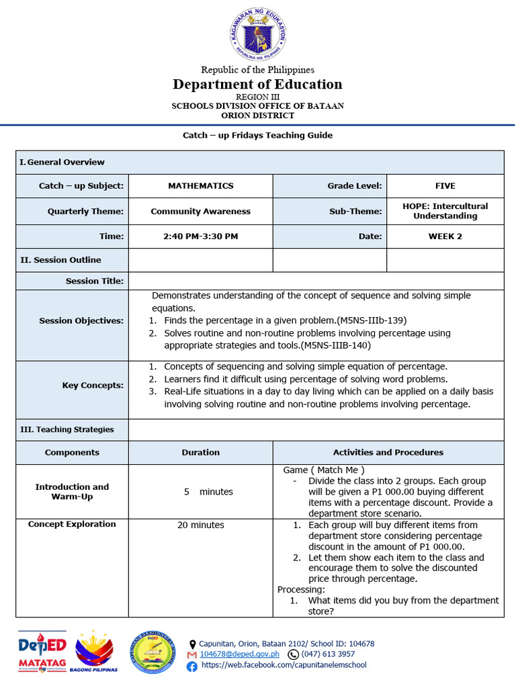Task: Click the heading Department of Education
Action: click(x=257, y=84)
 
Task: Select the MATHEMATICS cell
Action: click(x=200, y=186)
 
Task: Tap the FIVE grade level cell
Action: click(x=445, y=186)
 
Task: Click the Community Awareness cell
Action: click(x=200, y=212)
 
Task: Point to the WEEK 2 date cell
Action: click(x=445, y=236)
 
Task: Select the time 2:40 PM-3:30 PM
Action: click(x=200, y=236)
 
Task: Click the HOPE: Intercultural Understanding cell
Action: click(x=445, y=211)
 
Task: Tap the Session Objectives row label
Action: click(x=81, y=321)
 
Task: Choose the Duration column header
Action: click(x=200, y=453)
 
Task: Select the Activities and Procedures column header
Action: click(x=388, y=453)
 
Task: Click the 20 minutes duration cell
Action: click(x=200, y=525)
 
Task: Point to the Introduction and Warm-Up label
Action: click(x=72, y=492)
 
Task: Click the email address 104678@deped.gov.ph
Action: click(x=239, y=654)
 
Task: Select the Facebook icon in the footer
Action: click(x=192, y=666)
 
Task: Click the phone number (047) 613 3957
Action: click(x=329, y=654)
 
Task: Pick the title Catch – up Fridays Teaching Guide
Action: click(x=257, y=135)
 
